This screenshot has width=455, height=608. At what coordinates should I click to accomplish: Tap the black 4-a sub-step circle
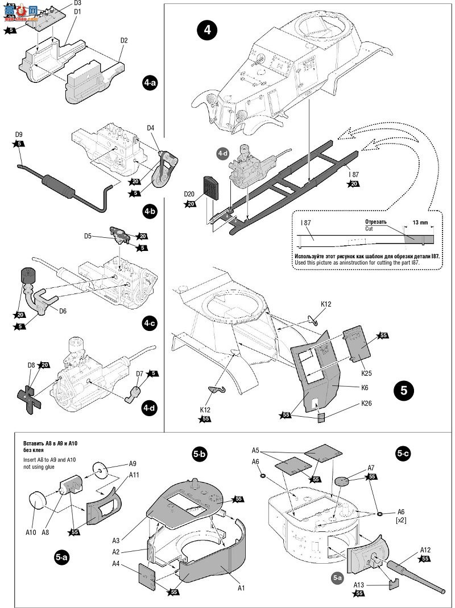(150, 83)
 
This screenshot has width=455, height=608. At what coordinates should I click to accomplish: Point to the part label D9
(19, 135)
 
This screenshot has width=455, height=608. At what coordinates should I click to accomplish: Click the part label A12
(427, 550)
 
